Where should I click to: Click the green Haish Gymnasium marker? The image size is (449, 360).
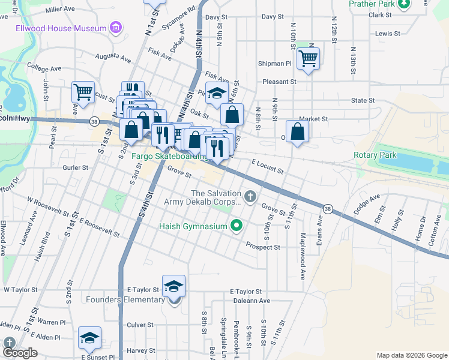click(x=237, y=226)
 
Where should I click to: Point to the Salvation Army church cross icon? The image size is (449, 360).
click(x=250, y=194)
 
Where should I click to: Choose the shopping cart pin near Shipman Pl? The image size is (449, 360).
click(x=308, y=59)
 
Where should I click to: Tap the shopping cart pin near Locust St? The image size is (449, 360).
click(x=83, y=92)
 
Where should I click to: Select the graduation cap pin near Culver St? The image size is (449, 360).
click(x=89, y=338)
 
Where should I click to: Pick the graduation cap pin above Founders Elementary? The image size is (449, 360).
click(x=173, y=286)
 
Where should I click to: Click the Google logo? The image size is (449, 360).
click(x=19, y=353)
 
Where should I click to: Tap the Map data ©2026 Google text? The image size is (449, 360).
click(x=412, y=355)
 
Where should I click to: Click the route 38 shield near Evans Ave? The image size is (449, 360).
click(x=327, y=208)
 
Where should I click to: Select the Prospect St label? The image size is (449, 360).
click(x=263, y=247)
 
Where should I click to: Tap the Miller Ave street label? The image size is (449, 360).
click(x=61, y=10)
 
